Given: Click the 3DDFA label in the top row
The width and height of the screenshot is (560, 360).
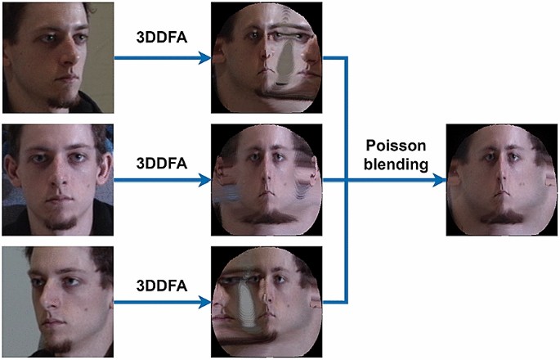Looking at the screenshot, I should [x=161, y=38].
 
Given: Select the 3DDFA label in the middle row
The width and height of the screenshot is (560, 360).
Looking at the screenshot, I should [x=161, y=161].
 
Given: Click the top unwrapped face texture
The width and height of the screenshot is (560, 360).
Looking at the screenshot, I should [x=267, y=57].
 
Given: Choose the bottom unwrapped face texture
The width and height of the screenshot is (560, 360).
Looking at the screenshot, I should [x=267, y=303].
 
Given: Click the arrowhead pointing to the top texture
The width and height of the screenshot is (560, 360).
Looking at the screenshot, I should [x=205, y=58].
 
